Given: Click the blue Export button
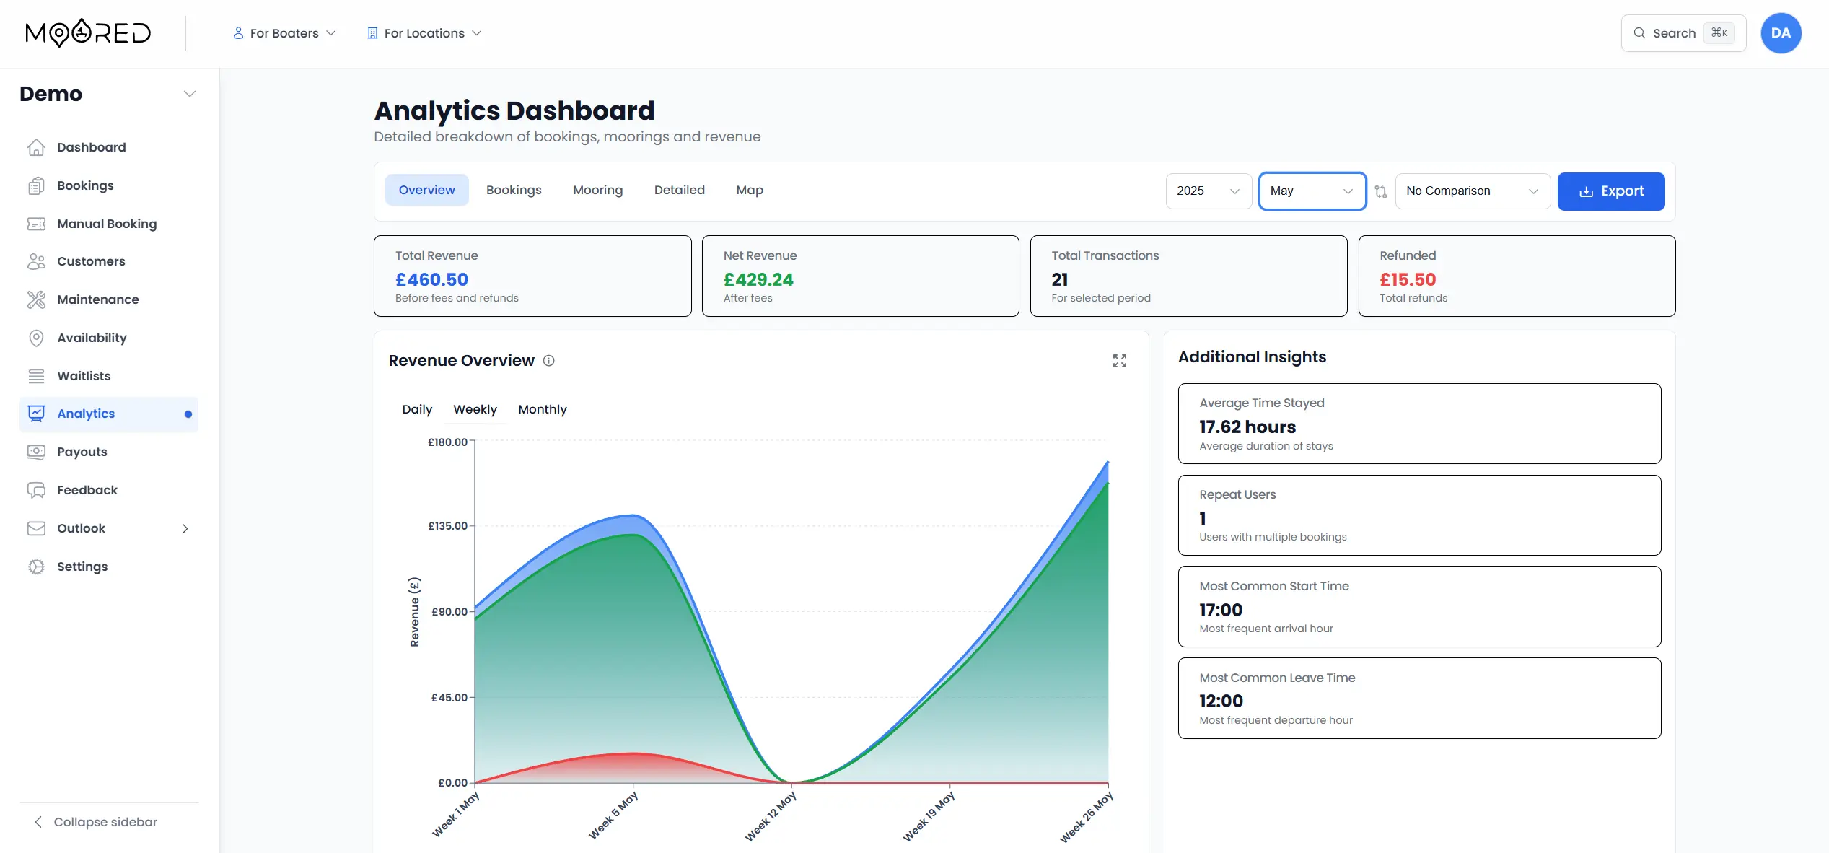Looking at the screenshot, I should [x=1610, y=191].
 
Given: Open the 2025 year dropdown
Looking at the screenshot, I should [x=1208, y=191].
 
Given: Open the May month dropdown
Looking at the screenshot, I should [x=1312, y=191].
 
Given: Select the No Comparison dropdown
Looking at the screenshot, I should [x=1472, y=191].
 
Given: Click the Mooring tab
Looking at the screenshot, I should [x=597, y=190].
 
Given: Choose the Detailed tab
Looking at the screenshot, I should [x=679, y=190].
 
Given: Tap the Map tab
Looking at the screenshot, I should [x=749, y=190].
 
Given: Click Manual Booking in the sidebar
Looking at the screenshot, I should [x=106, y=224].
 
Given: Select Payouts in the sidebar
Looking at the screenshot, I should [x=82, y=452].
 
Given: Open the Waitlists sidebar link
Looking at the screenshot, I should [x=84, y=376].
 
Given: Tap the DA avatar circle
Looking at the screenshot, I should [x=1780, y=33].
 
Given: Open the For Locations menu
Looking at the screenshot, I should [x=424, y=33].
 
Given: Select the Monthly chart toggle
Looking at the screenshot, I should [x=542, y=409].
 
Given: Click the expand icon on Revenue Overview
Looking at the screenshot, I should [x=1119, y=361].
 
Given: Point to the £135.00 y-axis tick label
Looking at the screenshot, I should [x=447, y=526].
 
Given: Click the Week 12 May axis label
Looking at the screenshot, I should [x=771, y=815].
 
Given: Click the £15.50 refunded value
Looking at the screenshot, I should [x=1407, y=279].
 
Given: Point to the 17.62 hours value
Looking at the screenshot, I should [x=1247, y=426].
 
